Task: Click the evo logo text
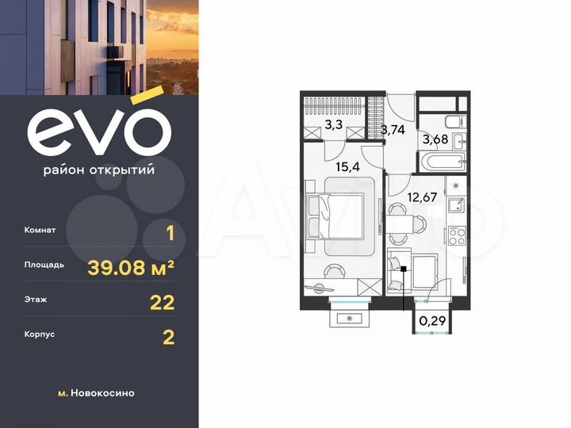pyautogui.click(x=98, y=131)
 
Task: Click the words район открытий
pyautogui.click(x=99, y=170)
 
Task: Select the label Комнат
pyautogui.click(x=40, y=231)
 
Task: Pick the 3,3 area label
pyautogui.click(x=334, y=124)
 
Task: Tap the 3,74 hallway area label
pyautogui.click(x=393, y=131)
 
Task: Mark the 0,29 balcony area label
pyautogui.click(x=431, y=321)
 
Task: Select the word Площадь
pyautogui.click(x=44, y=266)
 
